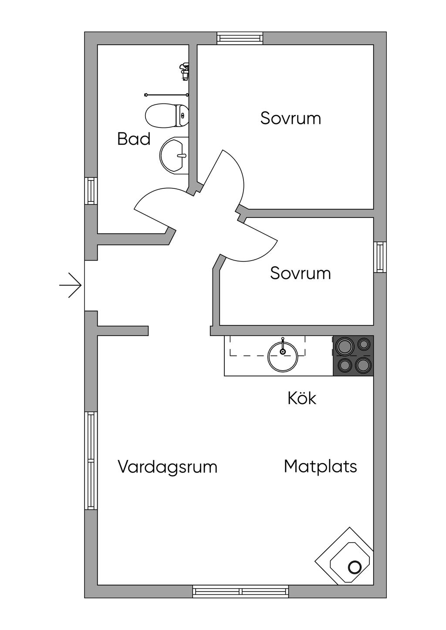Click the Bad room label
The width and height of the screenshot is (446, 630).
coord(134,139)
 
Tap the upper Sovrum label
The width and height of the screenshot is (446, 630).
coord(291,118)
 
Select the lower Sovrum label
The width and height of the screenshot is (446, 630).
coord(300,273)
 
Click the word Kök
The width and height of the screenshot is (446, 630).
coord(301,398)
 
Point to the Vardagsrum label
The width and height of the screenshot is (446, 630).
coord(167,467)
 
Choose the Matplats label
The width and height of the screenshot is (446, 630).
coord(320,466)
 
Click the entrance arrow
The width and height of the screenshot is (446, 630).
coord(71,285)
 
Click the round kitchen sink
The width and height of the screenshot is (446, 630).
coord(283,356)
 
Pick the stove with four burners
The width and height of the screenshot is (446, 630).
coord(353,355)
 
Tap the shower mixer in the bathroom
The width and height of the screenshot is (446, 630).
coord(185,71)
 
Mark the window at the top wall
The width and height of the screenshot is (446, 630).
coord(240,38)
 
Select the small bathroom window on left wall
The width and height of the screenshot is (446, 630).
coord(91,191)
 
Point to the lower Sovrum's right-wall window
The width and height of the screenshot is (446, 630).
coord(380,257)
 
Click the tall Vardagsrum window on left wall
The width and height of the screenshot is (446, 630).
coord(91,461)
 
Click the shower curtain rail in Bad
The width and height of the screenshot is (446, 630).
coord(166,94)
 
